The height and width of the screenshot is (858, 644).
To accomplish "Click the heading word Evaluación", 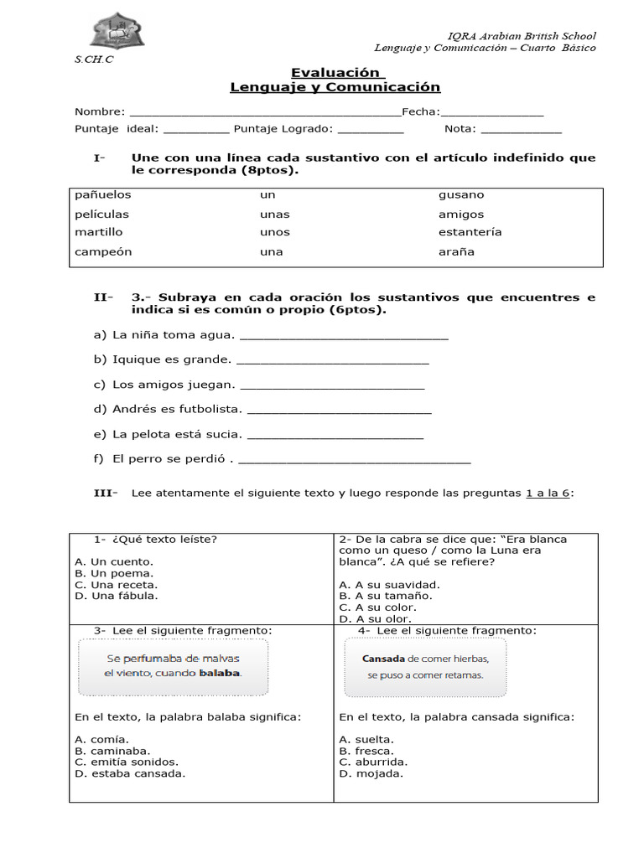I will (335, 73).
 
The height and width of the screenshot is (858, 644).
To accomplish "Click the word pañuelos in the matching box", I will (103, 194).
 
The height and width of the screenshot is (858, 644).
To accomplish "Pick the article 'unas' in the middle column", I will (277, 214).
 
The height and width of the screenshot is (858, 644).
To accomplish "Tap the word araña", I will (456, 251).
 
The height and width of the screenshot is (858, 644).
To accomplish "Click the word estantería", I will (470, 232).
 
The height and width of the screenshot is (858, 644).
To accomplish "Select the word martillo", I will (98, 232).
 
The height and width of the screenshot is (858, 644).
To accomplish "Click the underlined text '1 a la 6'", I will (548, 494).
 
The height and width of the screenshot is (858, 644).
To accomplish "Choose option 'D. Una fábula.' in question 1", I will (116, 596).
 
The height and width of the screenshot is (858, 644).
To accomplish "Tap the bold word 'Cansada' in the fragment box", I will (383, 659).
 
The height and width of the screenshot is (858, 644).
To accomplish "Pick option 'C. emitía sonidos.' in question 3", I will (127, 762).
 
